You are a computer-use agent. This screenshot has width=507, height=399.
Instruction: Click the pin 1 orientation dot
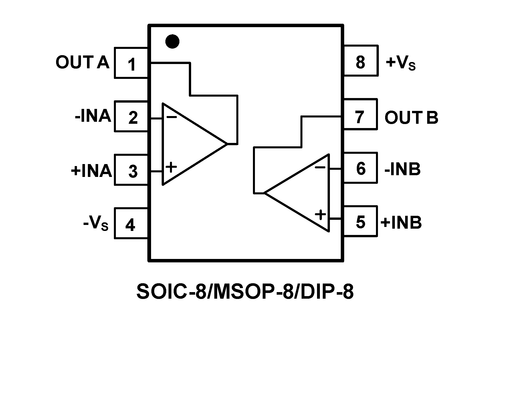point(172,41)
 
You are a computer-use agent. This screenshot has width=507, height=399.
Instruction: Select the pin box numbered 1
point(131,63)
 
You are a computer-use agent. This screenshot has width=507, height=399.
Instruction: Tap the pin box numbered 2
point(131,117)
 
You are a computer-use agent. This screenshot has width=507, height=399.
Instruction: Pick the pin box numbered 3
point(131,170)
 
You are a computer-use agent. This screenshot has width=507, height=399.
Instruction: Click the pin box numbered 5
point(361,222)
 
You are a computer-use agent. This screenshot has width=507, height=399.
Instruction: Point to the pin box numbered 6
point(361,168)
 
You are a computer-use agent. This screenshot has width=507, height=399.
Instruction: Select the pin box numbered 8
point(361,61)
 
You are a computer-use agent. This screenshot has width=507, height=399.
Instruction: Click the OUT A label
point(82,62)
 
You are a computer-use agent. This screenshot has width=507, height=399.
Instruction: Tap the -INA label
point(93,116)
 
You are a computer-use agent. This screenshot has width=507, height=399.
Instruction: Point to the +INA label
point(91,171)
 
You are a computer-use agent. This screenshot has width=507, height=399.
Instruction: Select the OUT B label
point(411,117)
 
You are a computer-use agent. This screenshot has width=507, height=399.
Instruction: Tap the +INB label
point(401,222)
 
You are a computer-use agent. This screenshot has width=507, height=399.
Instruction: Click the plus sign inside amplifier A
point(171,167)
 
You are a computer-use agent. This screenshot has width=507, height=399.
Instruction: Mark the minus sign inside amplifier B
point(320,167)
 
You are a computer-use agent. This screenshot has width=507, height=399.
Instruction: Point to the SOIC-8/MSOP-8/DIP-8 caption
point(245,292)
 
